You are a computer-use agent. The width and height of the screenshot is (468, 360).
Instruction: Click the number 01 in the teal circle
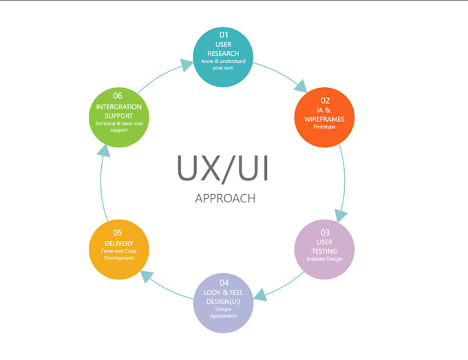(224, 34)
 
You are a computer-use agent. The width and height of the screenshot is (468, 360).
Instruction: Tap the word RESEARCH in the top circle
(224, 52)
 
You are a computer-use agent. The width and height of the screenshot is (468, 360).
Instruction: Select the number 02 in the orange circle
(325, 100)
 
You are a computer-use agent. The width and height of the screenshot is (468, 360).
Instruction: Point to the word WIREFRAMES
(325, 119)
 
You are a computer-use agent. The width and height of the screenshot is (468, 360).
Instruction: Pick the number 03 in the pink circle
(325, 233)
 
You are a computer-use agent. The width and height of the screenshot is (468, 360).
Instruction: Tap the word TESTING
(325, 251)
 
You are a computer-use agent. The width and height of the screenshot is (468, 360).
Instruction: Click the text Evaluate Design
(325, 260)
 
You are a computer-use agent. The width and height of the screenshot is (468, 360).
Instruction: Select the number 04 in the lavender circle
(224, 283)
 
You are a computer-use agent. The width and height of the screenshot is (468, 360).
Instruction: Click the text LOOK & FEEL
(224, 293)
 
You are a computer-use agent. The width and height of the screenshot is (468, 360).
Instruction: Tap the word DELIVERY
(118, 242)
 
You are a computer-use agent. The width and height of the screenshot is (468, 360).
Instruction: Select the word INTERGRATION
(119, 107)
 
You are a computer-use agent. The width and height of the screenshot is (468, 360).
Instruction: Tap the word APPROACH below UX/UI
(225, 198)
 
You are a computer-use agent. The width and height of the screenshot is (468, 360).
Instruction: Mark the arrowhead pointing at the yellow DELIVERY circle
(146, 275)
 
